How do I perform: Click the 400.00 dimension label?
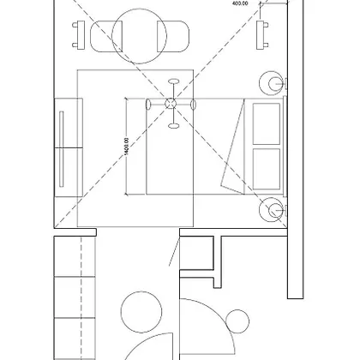pos(240,3)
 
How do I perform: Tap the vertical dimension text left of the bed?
pos(127,147)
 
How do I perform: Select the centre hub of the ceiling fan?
pos(171,104)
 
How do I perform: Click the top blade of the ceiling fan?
pos(173,81)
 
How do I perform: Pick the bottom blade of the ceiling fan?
pos(173,125)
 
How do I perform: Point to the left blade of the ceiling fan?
pos(148,104)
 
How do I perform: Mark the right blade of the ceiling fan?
pos(193,105)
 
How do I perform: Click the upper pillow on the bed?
pos(267,123)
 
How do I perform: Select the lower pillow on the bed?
pos(267,169)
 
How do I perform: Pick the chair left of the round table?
pos(106,36)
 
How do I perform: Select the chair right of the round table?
pos(173,36)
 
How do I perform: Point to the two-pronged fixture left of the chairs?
pos(79,35)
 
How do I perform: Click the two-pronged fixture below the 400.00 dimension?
pos(262,35)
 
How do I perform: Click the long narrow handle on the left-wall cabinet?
pos(62,149)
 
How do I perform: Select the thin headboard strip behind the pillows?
pos(285,147)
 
